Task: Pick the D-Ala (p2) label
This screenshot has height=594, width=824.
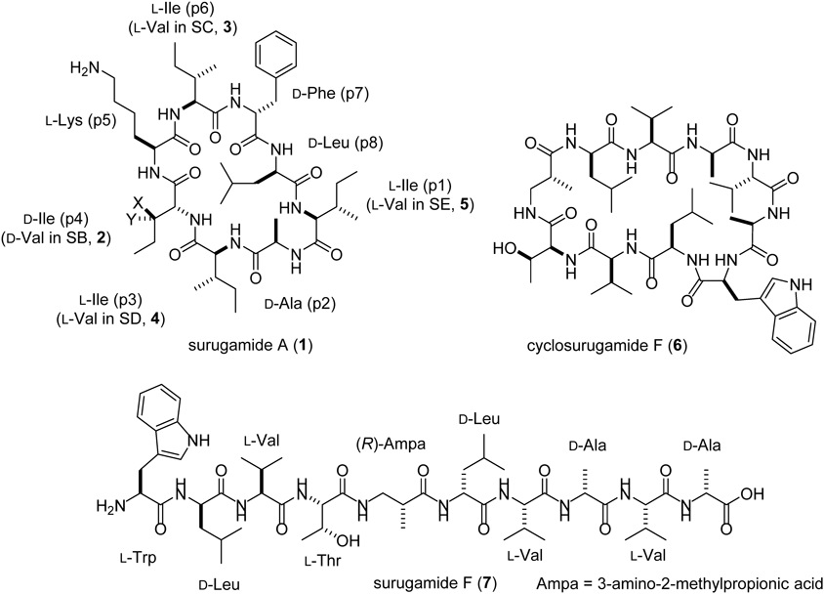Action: [293, 293]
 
